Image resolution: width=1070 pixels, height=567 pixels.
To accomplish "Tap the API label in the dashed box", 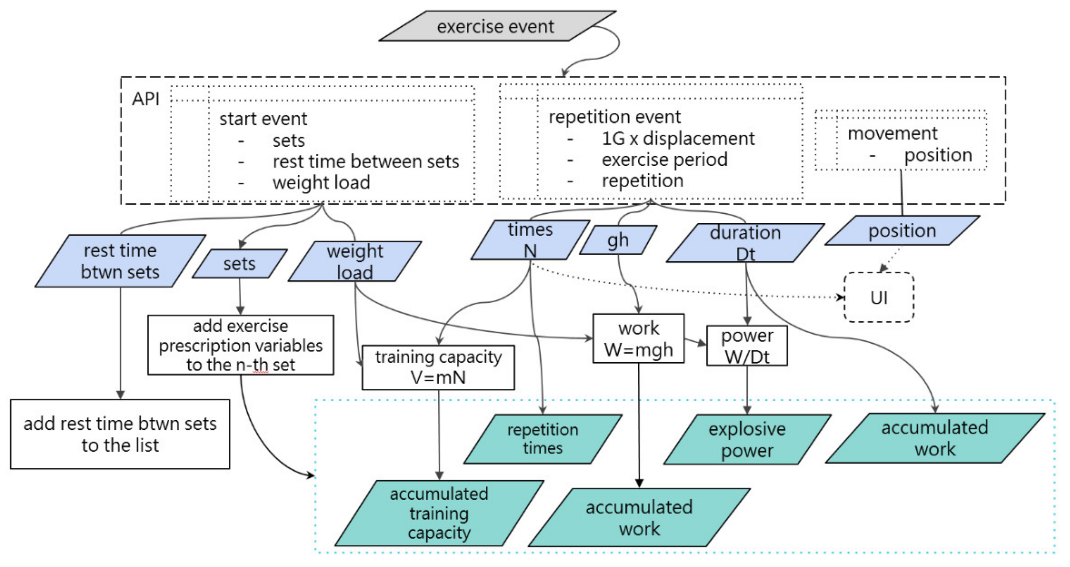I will click(x=145, y=99).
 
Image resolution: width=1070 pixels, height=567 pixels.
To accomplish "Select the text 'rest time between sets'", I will click(x=366, y=161).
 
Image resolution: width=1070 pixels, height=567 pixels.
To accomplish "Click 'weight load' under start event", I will click(x=321, y=183).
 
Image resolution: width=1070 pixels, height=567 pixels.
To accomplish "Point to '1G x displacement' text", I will click(x=678, y=139).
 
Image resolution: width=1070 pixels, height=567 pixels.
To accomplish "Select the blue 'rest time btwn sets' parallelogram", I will click(x=120, y=261).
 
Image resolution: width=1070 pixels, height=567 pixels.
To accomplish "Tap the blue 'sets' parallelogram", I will click(x=239, y=264).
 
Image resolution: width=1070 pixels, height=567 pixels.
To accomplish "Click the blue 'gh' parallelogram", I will click(x=618, y=240).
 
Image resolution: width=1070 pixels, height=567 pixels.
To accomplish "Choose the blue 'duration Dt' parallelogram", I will click(x=745, y=243).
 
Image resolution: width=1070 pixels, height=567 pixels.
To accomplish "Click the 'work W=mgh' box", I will click(x=638, y=339).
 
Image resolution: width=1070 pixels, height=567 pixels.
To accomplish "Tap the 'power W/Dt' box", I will click(x=747, y=346).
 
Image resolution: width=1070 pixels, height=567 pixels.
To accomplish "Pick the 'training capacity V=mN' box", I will click(x=438, y=368).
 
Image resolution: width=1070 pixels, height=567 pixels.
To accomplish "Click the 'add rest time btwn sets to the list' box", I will click(x=120, y=434).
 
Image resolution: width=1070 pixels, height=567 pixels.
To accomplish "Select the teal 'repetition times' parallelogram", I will click(x=543, y=439).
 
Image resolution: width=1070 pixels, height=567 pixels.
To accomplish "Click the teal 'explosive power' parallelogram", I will click(x=747, y=439).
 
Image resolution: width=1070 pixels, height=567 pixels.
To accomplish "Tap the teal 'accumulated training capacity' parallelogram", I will click(x=439, y=514).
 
